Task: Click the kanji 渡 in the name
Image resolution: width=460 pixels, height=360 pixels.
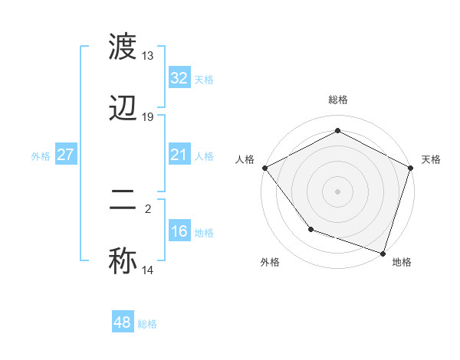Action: coord(123,48)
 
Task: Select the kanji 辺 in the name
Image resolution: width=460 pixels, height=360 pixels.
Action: coord(123,110)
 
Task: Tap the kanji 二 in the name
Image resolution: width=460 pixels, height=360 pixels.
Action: coord(123,201)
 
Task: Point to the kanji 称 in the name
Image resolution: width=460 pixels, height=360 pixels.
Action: coord(123,260)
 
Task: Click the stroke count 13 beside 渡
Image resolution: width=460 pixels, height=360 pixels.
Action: coord(148,56)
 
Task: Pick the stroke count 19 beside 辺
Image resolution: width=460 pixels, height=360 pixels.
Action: coord(148,117)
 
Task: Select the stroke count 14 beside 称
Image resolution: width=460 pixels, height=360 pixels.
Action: coord(148,270)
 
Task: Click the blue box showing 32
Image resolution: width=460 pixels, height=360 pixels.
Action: coord(179,78)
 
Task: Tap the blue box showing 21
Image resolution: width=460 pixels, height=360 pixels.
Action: coord(179,155)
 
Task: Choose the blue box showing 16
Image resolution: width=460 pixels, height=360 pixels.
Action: coord(179,232)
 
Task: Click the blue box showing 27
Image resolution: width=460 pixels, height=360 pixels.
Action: coord(66,155)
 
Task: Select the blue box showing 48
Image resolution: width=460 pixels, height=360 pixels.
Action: coord(123,323)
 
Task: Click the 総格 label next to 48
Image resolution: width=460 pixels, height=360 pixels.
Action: coord(147,324)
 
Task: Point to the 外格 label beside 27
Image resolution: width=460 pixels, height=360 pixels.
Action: coord(41,156)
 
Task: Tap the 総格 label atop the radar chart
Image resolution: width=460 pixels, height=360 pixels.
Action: coord(338,100)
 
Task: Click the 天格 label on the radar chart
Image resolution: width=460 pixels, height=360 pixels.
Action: coord(431,159)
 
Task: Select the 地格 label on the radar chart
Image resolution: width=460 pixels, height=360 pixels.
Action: coord(402,262)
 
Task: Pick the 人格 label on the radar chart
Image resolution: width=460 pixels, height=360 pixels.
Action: coord(245,159)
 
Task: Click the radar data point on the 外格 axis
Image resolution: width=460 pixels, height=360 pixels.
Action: coord(310,228)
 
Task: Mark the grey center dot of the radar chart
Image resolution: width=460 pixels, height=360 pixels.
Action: coord(338,191)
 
